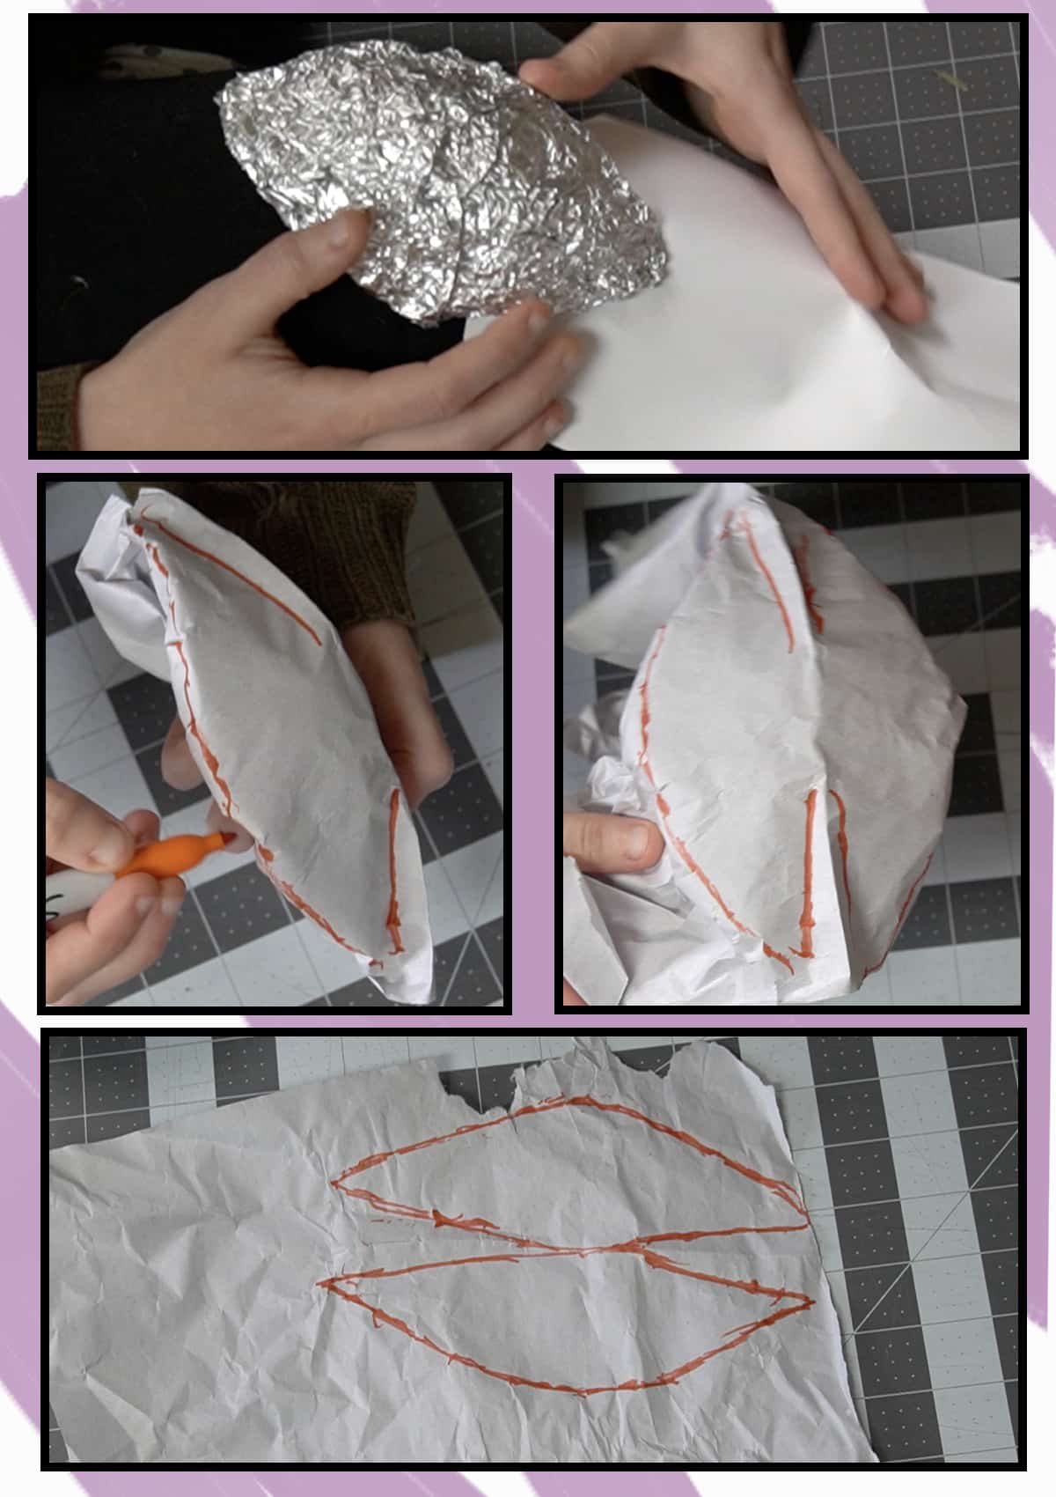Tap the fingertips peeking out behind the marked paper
pyautogui.click(x=414, y=704)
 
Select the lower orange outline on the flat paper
pyautogui.click(x=563, y=1321)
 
